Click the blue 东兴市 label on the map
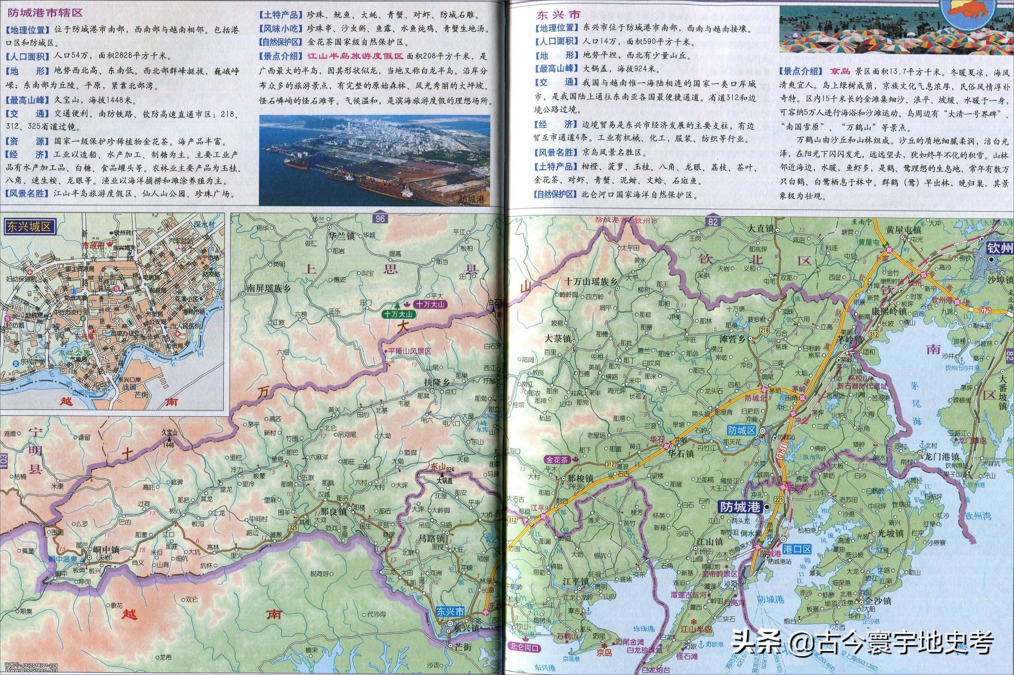(450, 611)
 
